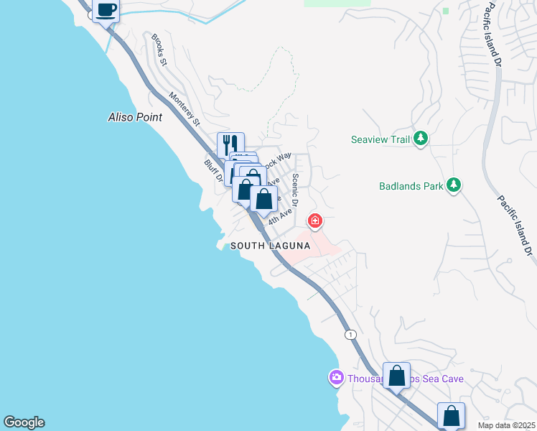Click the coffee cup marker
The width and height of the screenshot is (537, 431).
point(106,11)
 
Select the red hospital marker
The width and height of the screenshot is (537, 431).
point(314,220)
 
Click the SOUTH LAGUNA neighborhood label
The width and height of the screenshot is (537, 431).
point(270,246)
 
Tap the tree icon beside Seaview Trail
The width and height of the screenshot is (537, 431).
point(421,139)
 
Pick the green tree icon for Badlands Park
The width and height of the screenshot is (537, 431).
point(453,185)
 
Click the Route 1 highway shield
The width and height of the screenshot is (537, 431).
point(350,335)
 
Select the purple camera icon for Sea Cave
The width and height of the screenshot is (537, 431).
point(336,376)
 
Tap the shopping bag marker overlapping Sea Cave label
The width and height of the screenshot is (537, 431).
point(396,375)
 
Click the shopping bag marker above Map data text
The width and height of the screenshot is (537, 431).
point(451,414)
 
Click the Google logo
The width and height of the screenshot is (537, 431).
point(24,422)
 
